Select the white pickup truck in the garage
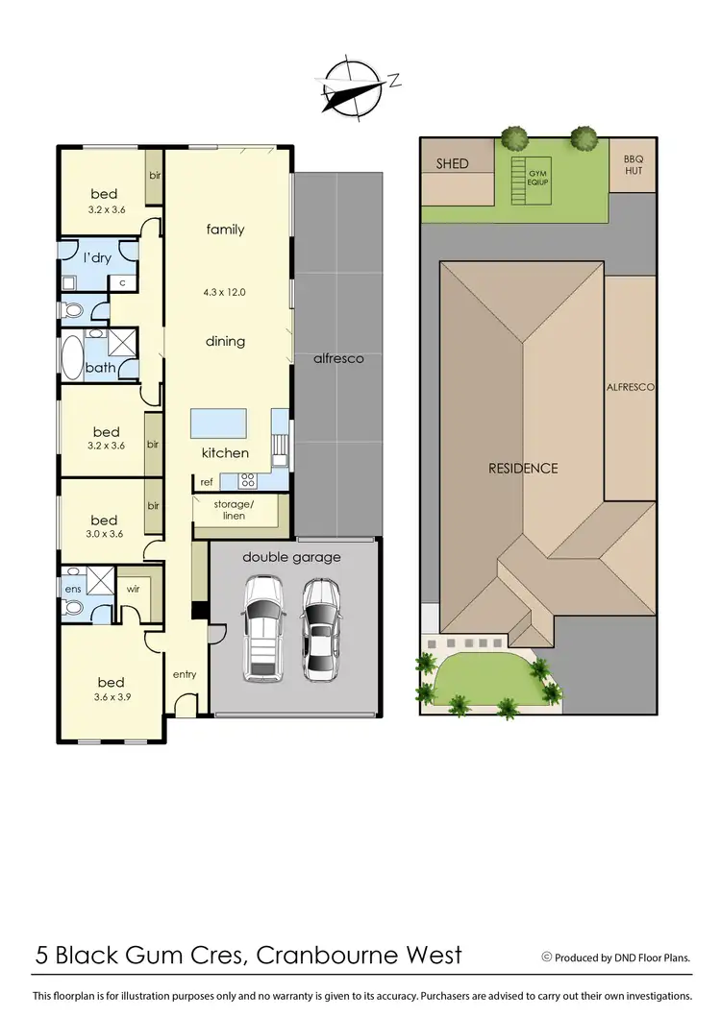pos(262,628)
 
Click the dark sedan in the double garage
pos(319,629)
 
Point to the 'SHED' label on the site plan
pos(452,163)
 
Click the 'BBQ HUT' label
pos(632,164)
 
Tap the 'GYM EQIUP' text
pos(535,175)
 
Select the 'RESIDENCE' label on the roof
pos(523,469)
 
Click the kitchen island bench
pos(216,422)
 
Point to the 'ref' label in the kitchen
pos(207,482)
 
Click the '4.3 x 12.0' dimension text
pos(225,293)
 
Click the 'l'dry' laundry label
pos(99,259)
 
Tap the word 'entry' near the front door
pos(185,674)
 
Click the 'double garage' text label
pos(291,557)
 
